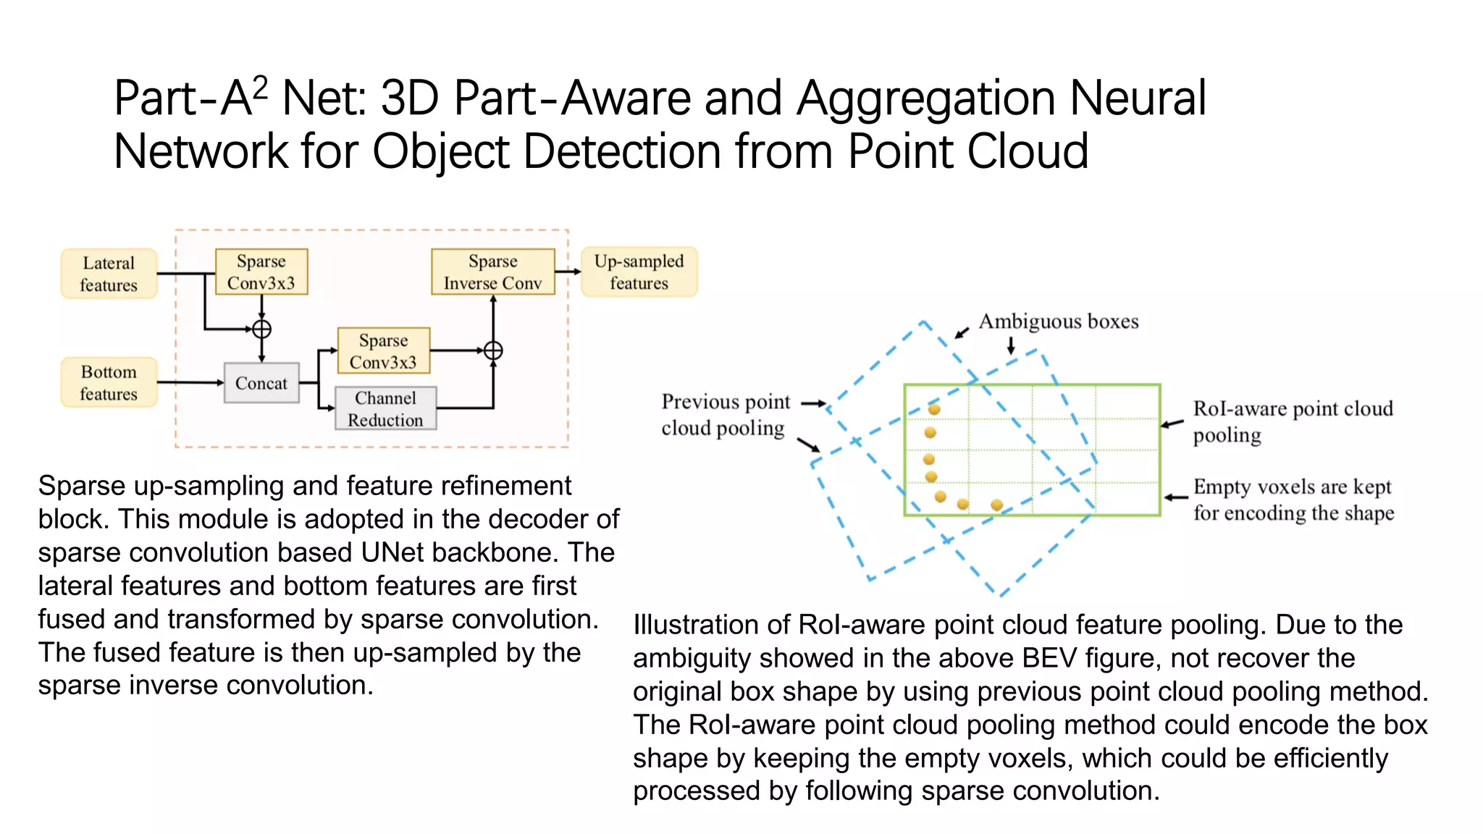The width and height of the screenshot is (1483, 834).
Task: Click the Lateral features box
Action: [x=109, y=274]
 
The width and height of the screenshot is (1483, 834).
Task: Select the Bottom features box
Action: [x=109, y=382]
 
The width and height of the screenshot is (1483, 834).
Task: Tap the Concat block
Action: [x=261, y=383]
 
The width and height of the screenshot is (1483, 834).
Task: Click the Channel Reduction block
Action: [x=385, y=408]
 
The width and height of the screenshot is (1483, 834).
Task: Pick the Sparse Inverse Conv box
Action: [x=492, y=271]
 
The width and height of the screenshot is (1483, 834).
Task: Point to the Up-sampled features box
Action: [x=639, y=271]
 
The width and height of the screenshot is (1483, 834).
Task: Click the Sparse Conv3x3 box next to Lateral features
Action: [x=261, y=271]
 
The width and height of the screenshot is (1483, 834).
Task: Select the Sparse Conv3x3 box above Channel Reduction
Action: [x=384, y=351]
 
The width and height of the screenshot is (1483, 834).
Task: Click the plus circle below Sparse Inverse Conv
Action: [x=493, y=351]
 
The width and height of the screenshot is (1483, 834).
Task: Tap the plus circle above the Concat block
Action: [x=261, y=329]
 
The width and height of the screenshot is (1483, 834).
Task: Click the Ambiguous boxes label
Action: [x=1058, y=321]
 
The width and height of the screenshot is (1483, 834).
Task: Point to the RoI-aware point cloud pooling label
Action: [x=1292, y=421]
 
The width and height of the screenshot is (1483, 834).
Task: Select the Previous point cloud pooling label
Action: [x=725, y=415]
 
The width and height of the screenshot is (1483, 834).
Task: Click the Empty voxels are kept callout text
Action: [x=1293, y=500]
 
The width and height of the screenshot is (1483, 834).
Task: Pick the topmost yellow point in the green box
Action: [x=934, y=410]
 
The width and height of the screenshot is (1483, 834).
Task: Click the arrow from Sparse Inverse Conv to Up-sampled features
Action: [x=568, y=271]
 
